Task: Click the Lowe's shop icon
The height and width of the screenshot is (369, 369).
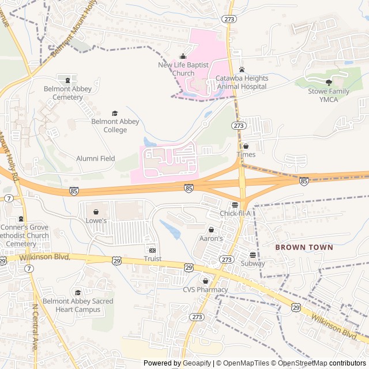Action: tap(96, 210)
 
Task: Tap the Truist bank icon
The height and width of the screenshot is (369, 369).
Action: tap(153, 250)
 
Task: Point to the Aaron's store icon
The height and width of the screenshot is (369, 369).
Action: tap(211, 229)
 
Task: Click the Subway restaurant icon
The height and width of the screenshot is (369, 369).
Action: tap(253, 255)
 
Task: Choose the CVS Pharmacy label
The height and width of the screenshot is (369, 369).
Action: tap(205, 289)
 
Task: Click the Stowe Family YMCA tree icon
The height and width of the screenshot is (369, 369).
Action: tap(329, 82)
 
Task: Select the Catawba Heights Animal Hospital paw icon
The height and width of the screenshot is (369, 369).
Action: tap(242, 69)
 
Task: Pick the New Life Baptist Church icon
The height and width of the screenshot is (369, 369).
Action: tap(183, 57)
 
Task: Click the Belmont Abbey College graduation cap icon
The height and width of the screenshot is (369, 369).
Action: tap(114, 113)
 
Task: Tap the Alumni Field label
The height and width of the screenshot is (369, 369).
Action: tap(96, 159)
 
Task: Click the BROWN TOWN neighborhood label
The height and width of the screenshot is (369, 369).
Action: tap(304, 247)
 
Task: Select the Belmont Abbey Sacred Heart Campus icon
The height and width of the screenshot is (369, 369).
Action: tap(78, 293)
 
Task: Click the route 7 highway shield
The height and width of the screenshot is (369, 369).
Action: tap(9, 198)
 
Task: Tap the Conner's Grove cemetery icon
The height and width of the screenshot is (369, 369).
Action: tap(21, 219)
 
